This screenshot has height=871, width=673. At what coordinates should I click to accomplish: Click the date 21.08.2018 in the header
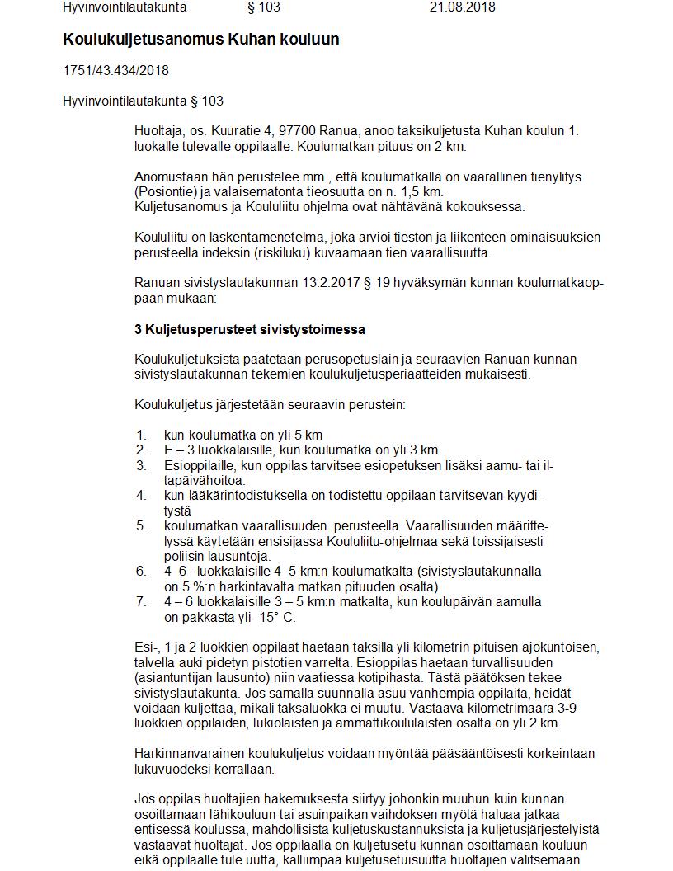coord(462,7)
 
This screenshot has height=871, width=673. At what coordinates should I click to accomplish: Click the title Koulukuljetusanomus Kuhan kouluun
coord(200,40)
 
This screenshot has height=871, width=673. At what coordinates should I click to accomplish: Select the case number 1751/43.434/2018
coord(115,71)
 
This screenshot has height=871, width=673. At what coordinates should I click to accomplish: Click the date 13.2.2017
coord(331,283)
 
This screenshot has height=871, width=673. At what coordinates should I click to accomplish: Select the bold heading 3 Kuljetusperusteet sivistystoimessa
coord(249,329)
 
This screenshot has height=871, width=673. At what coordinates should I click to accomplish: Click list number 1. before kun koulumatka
coord(141,435)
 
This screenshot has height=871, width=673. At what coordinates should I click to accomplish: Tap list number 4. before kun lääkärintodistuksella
coord(141,495)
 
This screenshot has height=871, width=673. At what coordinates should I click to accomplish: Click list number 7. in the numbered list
coord(141,601)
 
